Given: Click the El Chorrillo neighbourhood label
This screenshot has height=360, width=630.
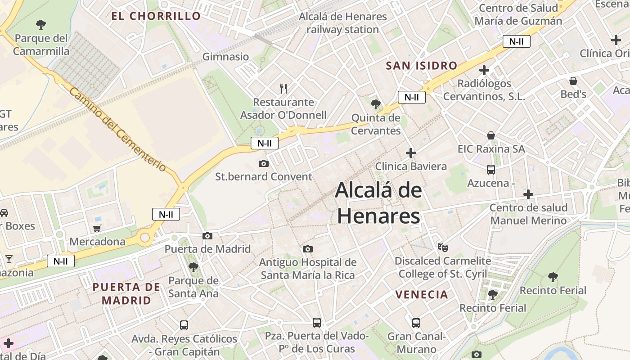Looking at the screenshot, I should [156, 16].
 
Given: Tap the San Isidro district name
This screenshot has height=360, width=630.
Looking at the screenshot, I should [421, 66].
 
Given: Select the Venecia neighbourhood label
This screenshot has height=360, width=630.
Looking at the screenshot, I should [422, 295].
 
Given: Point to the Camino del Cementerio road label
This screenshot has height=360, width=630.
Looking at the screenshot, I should [117, 129].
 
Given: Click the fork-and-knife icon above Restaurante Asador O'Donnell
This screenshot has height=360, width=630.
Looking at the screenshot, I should [283, 88].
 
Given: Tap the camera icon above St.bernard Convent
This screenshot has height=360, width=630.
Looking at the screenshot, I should [264, 163].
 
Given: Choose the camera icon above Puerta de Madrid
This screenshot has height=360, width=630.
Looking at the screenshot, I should [207, 236].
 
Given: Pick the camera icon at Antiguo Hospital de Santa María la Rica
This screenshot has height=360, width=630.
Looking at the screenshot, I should [308, 249].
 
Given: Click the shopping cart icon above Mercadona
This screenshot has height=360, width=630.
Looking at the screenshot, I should [97, 229].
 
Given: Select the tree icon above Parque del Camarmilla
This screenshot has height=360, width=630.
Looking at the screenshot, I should [41, 24].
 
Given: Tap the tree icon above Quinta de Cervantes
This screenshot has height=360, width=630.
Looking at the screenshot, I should [375, 105].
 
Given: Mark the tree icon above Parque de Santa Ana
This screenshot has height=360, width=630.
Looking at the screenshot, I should [193, 267].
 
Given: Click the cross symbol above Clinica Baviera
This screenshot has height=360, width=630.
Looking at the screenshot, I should [411, 153].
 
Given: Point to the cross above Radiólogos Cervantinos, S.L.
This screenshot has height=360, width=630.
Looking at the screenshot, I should [484, 70].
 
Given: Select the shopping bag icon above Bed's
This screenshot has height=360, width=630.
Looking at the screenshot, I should [573, 81].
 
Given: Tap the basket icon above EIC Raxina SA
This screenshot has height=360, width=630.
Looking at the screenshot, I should [491, 135].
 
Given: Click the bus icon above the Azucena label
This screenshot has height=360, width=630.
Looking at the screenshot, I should [491, 170].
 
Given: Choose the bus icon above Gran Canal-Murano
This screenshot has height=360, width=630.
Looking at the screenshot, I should [416, 323].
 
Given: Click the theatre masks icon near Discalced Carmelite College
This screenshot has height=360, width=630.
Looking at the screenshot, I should [443, 247].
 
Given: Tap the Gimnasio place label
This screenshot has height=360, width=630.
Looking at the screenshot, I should [225, 57].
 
